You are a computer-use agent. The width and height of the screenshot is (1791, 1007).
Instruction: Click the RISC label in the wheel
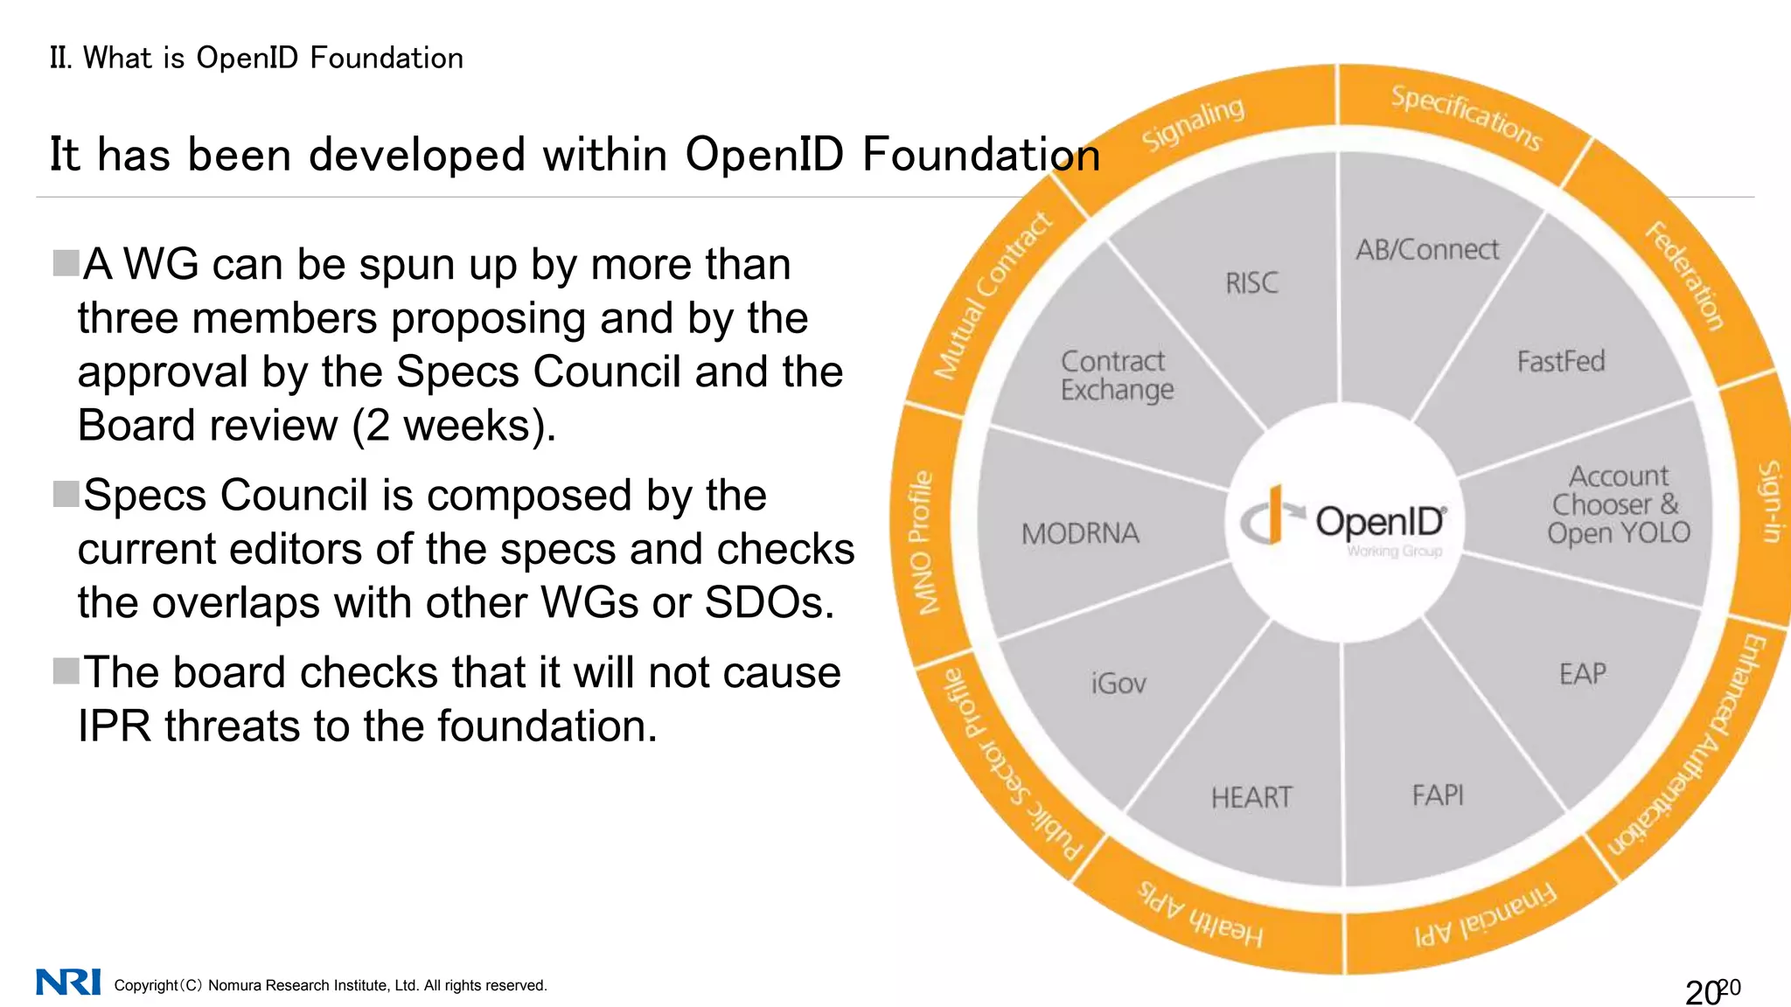tap(1251, 283)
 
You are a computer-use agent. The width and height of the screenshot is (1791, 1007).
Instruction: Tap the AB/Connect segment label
tap(1427, 250)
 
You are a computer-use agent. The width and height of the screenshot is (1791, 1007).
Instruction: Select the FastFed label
tap(1561, 361)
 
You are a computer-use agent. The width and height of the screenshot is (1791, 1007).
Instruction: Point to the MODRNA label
tap(1080, 533)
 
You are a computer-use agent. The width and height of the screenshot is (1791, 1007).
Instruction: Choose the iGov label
tap(1119, 683)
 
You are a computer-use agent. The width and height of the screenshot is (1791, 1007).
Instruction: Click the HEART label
tap(1251, 797)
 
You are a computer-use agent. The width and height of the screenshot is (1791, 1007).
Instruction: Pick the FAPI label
tap(1438, 795)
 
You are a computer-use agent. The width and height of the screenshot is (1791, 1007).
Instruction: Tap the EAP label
tap(1583, 674)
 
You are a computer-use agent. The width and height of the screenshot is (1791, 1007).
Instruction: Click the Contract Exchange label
tap(1117, 375)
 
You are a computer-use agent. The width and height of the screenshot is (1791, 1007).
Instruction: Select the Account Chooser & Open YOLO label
tap(1619, 504)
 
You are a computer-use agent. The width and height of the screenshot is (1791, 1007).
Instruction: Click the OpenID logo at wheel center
tap(1343, 522)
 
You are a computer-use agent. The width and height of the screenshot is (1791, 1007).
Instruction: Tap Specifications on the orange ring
tap(1467, 117)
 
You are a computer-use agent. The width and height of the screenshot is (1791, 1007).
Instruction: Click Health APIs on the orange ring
tap(1201, 914)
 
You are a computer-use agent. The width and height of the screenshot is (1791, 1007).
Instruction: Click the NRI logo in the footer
tap(68, 982)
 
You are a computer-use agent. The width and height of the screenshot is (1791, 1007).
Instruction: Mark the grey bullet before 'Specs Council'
tap(66, 494)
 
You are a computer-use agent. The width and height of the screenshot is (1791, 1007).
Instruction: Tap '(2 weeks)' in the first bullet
tap(453, 426)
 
